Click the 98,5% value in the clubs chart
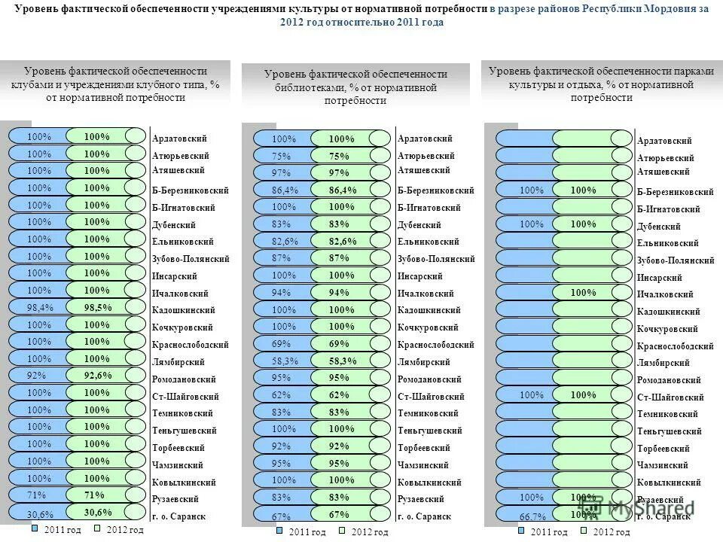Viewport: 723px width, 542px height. (x=97, y=307)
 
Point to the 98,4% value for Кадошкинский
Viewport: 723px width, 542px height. (x=40, y=307)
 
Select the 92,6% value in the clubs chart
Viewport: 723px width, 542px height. (x=98, y=375)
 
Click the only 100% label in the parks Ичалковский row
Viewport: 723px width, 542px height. (x=583, y=292)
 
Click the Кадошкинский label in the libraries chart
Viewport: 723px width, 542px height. (x=429, y=310)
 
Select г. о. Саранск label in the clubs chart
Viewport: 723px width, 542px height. (x=178, y=516)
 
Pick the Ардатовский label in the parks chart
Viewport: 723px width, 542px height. (x=664, y=141)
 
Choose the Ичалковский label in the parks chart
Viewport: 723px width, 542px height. (x=665, y=294)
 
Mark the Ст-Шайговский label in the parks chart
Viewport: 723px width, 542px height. (x=670, y=397)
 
